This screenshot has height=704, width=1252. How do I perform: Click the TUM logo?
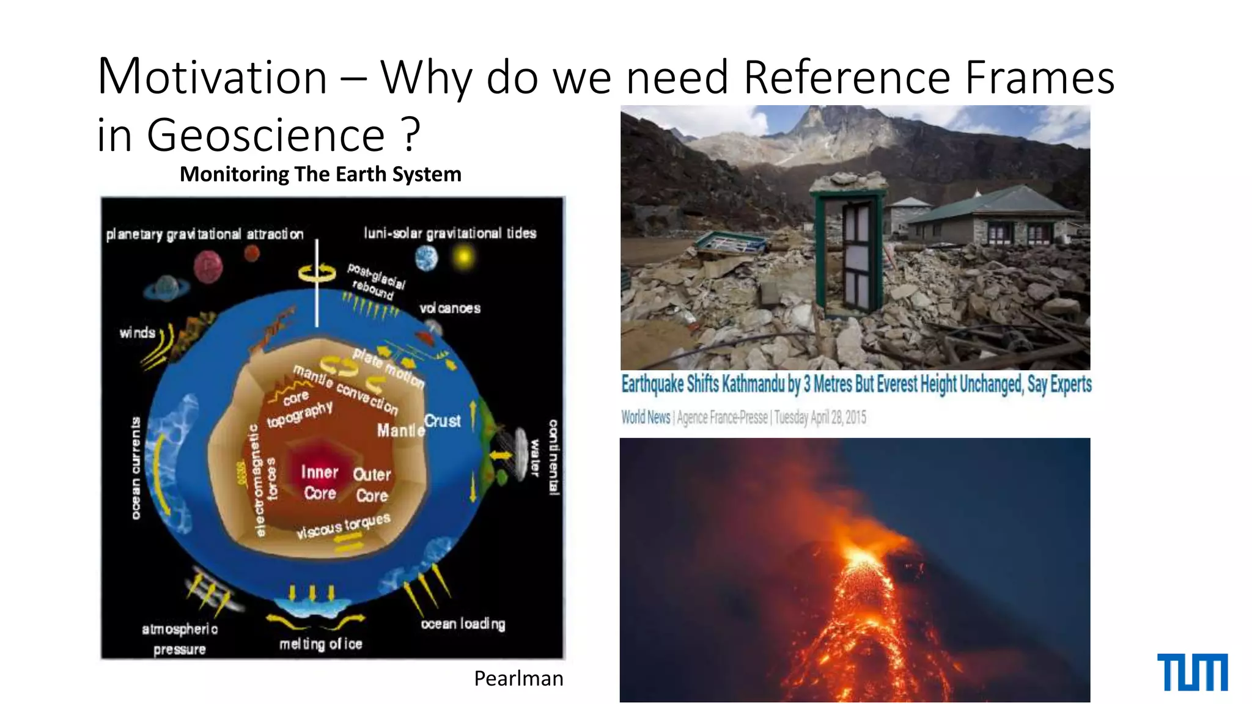(1192, 672)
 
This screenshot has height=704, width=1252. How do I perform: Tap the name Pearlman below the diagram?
(518, 678)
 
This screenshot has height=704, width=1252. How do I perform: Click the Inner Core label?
(319, 482)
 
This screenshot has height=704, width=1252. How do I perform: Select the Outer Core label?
(372, 485)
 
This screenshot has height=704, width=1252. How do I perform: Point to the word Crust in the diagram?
(443, 420)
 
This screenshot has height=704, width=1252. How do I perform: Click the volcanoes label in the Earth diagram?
(450, 308)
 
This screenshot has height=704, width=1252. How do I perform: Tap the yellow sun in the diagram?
(464, 257)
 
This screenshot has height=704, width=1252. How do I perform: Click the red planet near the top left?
(208, 267)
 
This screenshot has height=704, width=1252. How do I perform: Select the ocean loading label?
(463, 624)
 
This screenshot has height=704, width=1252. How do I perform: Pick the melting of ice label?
(320, 643)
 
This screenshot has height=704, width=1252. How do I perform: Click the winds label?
(138, 332)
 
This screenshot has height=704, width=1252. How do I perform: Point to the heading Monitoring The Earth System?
(320, 174)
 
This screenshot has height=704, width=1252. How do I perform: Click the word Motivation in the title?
(212, 78)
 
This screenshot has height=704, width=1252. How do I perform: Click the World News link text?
(646, 417)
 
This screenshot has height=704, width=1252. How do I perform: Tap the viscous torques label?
(343, 526)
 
